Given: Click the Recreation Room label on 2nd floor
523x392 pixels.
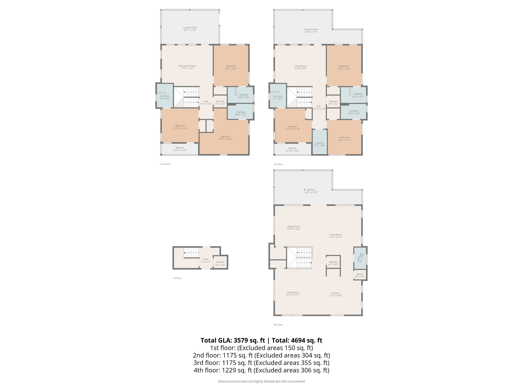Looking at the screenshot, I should [187, 67].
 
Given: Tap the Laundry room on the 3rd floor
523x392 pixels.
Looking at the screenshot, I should [319, 144].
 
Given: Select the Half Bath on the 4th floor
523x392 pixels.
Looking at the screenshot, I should [360, 258].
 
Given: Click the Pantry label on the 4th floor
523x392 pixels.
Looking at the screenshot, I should [360, 275].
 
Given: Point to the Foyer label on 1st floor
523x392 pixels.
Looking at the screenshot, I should [206, 260].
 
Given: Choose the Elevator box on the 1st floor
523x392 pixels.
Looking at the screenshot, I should [220, 263].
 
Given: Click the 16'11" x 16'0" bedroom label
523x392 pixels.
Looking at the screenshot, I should [225, 138].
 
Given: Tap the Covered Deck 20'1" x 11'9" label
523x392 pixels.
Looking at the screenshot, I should [190, 29].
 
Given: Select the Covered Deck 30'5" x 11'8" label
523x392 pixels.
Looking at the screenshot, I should [311, 31].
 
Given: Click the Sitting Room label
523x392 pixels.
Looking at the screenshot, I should [293, 228].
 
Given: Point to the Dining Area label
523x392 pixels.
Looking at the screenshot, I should [293, 293].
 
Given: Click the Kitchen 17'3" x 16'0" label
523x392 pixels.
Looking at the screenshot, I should [336, 294].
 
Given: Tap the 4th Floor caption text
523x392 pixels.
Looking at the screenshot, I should [278, 325].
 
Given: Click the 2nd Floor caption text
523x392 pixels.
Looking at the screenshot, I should [165, 164].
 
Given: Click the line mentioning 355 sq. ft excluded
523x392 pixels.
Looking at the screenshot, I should [261, 363].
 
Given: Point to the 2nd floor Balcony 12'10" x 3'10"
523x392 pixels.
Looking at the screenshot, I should [180, 149].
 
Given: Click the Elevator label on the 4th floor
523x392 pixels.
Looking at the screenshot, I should [333, 263].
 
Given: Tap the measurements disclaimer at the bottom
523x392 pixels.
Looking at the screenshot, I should [261, 381].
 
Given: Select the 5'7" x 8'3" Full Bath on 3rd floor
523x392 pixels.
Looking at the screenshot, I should [278, 97].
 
